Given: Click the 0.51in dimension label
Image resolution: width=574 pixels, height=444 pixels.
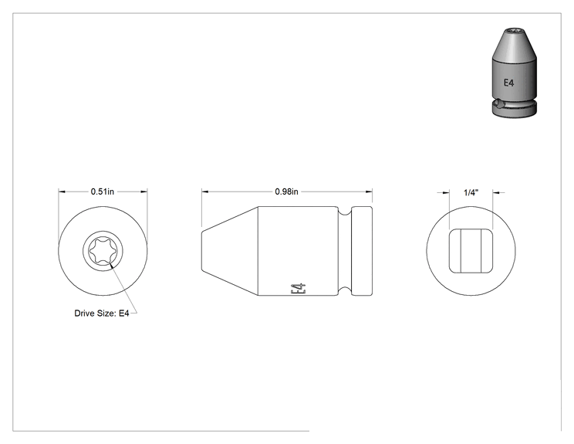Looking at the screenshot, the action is [102, 191].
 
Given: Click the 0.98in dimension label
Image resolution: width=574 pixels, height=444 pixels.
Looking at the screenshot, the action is [286, 191].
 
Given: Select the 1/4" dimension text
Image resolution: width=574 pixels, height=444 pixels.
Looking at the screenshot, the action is [471, 192].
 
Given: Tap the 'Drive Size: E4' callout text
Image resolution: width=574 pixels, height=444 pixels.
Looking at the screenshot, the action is [102, 314].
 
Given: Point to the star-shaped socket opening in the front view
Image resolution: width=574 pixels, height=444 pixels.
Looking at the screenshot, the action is [103, 251].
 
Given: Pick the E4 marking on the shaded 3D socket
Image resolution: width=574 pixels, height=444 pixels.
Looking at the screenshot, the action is [509, 83].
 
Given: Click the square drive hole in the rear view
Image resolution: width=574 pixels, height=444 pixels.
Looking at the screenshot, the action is [471, 251].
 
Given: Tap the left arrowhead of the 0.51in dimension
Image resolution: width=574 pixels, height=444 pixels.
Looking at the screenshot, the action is [62, 191].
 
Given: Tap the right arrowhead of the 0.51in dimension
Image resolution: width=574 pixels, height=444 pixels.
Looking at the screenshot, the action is [143, 191].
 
